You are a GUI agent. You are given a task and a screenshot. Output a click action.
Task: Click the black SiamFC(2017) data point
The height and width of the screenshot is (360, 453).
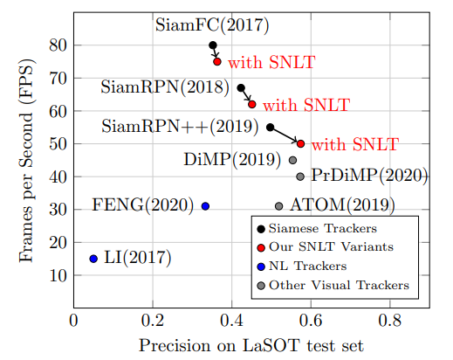pos(212,45)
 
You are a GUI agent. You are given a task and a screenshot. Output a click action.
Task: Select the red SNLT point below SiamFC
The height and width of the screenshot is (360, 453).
pos(217,61)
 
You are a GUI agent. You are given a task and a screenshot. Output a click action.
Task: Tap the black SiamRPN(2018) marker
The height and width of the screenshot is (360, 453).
pos(241,87)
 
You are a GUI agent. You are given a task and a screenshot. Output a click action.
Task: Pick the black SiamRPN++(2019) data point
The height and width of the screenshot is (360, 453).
pos(270,127)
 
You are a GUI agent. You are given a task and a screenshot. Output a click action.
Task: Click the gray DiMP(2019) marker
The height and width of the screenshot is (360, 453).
pos(292,160)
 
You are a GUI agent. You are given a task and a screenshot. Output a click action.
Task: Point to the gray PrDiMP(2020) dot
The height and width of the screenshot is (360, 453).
pos(300,177)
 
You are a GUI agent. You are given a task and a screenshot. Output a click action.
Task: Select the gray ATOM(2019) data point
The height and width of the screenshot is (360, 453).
pos(279,206)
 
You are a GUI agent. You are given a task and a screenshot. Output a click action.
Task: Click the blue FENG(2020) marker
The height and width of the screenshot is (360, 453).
pos(205,206)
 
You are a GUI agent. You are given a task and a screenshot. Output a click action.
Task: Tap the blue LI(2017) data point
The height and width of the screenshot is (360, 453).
pos(93,259)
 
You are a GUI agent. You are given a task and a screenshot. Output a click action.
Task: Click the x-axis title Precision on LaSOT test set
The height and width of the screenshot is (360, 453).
pos(251,346)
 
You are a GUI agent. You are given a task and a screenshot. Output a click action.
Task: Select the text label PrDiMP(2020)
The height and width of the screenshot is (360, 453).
pos(369,176)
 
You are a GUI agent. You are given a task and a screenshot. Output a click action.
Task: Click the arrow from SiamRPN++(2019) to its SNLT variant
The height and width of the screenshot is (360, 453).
pos(285,135)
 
